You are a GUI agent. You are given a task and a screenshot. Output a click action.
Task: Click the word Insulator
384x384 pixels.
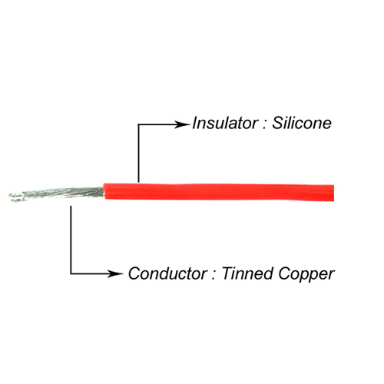pyautogui.click(x=225, y=123)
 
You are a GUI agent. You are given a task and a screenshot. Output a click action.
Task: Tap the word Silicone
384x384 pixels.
pyautogui.click(x=302, y=123)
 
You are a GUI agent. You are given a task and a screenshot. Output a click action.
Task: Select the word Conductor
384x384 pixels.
pyautogui.click(x=168, y=273)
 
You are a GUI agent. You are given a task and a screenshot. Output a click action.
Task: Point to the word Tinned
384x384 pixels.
pyautogui.click(x=247, y=273)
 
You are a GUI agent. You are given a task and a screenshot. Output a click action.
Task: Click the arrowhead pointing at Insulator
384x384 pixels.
pyautogui.click(x=182, y=124)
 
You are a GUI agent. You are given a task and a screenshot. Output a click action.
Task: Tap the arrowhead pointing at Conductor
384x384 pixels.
pyautogui.click(x=115, y=273)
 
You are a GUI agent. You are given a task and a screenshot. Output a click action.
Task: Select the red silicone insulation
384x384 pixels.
pyautogui.click(x=219, y=192)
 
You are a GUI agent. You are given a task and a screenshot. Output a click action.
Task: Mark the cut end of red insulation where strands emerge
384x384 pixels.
pyautogui.click(x=104, y=191)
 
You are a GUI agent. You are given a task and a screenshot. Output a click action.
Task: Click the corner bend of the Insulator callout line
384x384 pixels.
pyautogui.click(x=138, y=124)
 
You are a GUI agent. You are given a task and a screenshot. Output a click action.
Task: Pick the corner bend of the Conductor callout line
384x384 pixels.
pyautogui.click(x=71, y=273)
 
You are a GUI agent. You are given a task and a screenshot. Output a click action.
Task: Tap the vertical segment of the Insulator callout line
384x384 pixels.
pyautogui.click(x=138, y=154)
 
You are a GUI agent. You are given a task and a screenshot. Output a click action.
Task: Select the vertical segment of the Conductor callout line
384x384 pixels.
pyautogui.click(x=71, y=240)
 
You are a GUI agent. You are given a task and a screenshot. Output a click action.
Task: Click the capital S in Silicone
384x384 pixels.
pyautogui.click(x=277, y=123)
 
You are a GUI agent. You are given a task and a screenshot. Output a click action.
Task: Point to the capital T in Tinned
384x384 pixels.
pyautogui.click(x=227, y=273)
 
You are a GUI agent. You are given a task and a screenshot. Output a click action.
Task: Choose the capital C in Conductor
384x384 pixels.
pyautogui.click(x=135, y=273)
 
